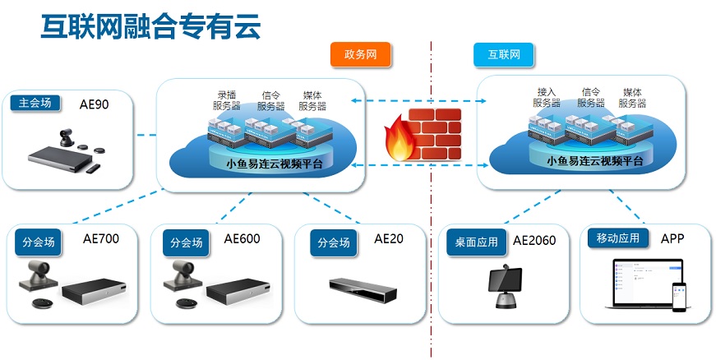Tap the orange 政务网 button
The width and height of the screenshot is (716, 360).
point(360,55)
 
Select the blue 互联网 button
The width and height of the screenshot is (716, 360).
point(504,55)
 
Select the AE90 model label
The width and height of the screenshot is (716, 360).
point(94,104)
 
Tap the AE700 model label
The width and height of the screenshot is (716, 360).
point(101,240)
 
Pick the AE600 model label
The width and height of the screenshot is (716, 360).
point(242,240)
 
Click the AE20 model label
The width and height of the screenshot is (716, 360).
point(389,239)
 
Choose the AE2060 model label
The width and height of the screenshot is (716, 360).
point(534,241)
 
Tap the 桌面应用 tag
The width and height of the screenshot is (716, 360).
point(477,242)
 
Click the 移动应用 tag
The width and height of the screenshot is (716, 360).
point(618,239)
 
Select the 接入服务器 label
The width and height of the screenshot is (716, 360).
point(545,98)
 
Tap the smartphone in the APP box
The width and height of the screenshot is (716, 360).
point(678,296)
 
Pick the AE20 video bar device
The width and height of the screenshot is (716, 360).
point(363,286)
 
